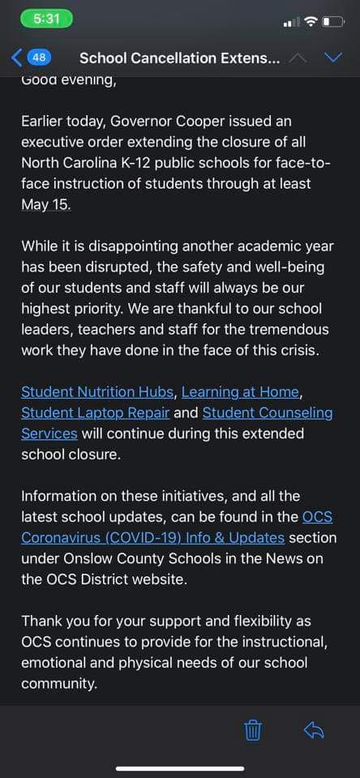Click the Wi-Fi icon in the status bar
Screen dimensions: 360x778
pyautogui.click(x=310, y=20)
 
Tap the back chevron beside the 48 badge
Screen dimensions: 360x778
pyautogui.click(x=17, y=58)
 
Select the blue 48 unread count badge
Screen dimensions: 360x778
pyautogui.click(x=39, y=58)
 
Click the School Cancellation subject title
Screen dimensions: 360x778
pyautogui.click(x=180, y=58)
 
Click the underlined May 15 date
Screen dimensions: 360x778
pyautogui.click(x=45, y=203)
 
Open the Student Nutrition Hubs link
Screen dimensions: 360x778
pyautogui.click(x=97, y=391)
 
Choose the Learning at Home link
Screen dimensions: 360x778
pyautogui.click(x=240, y=391)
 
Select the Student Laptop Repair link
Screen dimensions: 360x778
pyautogui.click(x=95, y=413)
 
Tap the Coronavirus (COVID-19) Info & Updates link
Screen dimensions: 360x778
pyautogui.click(x=152, y=536)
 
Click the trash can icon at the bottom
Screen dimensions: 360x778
pyautogui.click(x=253, y=730)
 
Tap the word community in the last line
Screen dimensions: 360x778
pyautogui.click(x=58, y=683)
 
